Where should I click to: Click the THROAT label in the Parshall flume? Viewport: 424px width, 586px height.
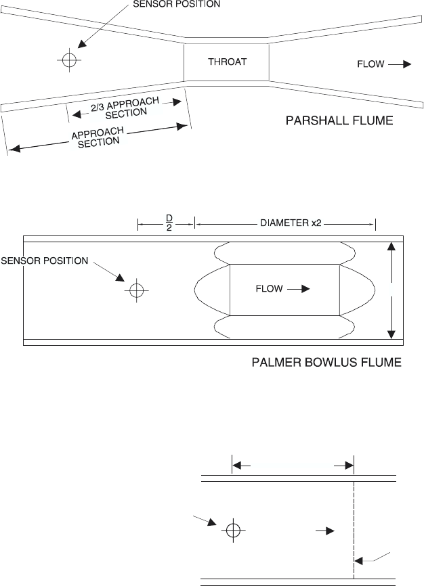(x=227, y=62)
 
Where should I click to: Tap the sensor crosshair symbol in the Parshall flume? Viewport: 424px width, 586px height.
(x=69, y=60)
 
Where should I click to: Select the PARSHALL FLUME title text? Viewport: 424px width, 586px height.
(x=339, y=120)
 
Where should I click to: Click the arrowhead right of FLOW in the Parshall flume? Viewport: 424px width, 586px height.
(x=407, y=64)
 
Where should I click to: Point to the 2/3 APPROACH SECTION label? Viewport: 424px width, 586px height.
(x=125, y=108)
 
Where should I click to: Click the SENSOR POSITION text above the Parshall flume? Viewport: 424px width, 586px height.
(x=177, y=4)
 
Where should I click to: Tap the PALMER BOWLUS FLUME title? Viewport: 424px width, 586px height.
(x=326, y=362)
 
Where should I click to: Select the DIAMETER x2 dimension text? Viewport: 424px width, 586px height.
(x=291, y=223)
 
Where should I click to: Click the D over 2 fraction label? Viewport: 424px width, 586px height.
(x=169, y=223)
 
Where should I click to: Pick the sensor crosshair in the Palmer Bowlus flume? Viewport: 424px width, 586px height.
(x=137, y=290)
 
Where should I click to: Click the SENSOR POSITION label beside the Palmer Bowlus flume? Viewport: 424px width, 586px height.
(x=45, y=261)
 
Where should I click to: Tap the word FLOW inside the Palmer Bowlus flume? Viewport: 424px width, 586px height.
(x=269, y=288)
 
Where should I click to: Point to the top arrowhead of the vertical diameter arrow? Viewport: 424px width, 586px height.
(x=391, y=246)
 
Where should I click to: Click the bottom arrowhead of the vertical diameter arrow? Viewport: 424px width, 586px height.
(x=391, y=334)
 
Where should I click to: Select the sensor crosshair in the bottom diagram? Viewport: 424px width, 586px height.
(x=233, y=530)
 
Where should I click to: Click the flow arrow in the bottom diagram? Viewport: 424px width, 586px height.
(x=325, y=531)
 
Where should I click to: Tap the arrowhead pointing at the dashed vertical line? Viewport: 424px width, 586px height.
(x=358, y=561)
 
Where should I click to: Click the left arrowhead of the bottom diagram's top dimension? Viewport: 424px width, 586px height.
(x=237, y=466)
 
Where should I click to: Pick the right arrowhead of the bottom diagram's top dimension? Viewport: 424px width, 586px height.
(x=349, y=466)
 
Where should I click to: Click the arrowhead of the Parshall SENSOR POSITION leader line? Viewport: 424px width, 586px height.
(x=82, y=44)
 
